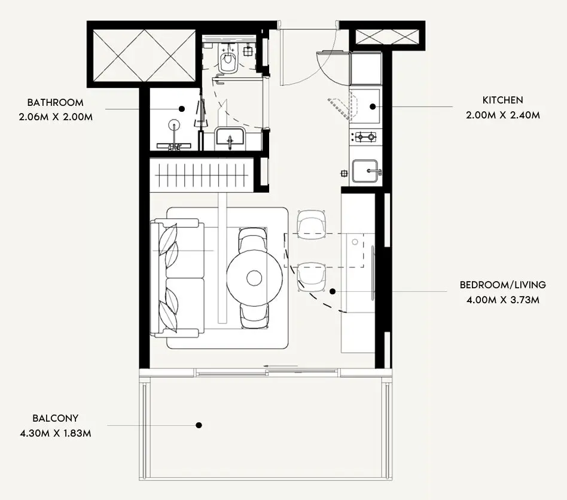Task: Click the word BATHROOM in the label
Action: [x=56, y=102]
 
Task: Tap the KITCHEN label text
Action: [x=502, y=100]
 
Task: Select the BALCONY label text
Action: [x=56, y=418]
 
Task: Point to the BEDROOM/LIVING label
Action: [x=502, y=285]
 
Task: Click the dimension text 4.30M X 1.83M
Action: [x=56, y=433]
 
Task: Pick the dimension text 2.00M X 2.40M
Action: [x=502, y=115]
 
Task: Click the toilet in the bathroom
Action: [x=227, y=60]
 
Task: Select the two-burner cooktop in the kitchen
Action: [x=365, y=137]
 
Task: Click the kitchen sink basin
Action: [x=365, y=171]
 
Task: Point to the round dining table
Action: [x=255, y=278]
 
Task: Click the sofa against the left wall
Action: [x=177, y=278]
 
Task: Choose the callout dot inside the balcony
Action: [x=199, y=425]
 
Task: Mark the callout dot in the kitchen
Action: [x=373, y=106]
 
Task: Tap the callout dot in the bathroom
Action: [x=182, y=108]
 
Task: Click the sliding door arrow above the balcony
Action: [x=281, y=366]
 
